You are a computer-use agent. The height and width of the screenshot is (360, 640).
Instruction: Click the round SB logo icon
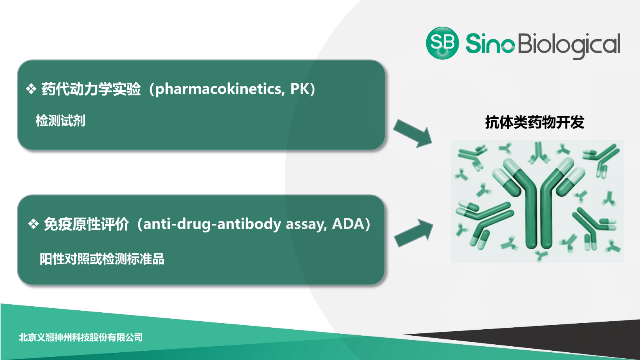point(442,43)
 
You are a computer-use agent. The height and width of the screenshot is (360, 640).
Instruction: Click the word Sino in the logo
point(490,43)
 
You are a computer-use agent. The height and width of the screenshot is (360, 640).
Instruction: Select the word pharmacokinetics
point(218,89)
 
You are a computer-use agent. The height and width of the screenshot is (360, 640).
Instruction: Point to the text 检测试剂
point(60,120)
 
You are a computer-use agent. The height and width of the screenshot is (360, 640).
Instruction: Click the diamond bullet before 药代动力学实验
point(31,89)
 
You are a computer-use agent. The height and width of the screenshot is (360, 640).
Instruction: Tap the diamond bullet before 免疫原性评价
point(34,224)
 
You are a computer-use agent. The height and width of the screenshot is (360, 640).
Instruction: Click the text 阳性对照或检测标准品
point(102,259)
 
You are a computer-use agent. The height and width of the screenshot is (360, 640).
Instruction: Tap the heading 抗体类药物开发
point(535,122)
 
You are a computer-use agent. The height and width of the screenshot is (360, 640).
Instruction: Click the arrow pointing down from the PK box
point(413,133)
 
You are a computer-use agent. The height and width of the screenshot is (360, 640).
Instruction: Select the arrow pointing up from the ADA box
point(413,233)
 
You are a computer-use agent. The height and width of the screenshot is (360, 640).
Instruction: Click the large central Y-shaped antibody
point(539,203)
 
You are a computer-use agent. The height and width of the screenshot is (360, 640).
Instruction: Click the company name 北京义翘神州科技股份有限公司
point(81,337)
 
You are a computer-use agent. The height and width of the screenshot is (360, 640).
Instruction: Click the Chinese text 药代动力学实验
point(91,89)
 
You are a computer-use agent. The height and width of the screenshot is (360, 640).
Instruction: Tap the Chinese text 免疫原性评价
point(86,224)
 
